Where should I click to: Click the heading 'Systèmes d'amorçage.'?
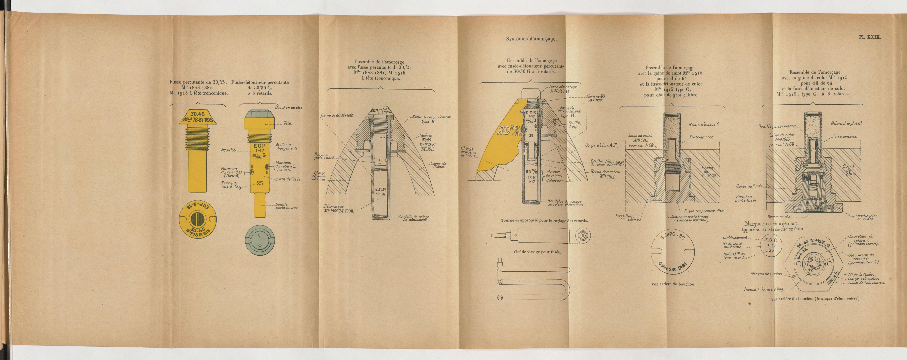[531, 39]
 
